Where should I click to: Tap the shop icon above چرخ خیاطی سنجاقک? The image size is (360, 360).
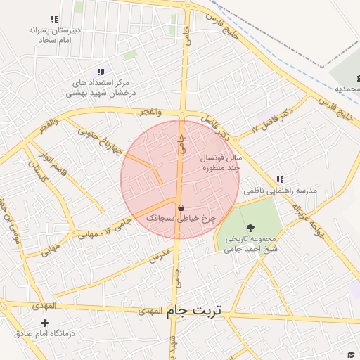(181, 208)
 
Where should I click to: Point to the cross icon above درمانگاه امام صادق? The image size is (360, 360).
(45, 322)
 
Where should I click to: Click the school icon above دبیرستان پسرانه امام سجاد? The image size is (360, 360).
(55, 20)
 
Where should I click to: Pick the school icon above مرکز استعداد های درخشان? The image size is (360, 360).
(98, 72)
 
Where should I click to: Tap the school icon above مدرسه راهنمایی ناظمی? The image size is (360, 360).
(281, 180)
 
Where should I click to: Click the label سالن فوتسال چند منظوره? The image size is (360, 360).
(221, 164)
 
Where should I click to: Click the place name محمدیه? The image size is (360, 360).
(348, 89)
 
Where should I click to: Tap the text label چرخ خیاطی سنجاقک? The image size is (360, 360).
(181, 219)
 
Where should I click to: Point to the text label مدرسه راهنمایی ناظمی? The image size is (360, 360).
(281, 191)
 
